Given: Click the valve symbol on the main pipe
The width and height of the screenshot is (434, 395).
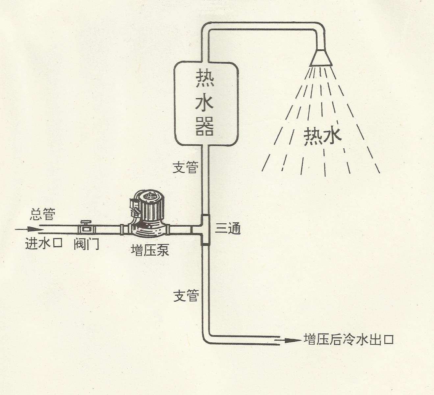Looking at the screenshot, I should pos(86,227).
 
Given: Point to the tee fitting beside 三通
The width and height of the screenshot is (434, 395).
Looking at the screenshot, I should pos(205,230).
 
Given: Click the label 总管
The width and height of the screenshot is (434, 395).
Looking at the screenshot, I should pos(42,215).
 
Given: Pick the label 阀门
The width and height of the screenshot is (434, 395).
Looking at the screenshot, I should pos(86,244).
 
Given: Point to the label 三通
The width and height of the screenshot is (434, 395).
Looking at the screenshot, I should pos(228,228).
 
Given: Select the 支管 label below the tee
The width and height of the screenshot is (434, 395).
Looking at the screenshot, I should pos(186,296).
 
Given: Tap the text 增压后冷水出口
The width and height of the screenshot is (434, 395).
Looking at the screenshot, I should pos(348,339).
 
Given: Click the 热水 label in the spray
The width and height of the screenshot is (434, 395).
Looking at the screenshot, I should pos(322,136).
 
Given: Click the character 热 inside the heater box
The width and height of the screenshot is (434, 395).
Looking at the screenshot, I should pos(205,79).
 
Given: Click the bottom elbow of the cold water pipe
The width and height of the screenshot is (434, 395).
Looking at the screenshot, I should pos(207,339).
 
